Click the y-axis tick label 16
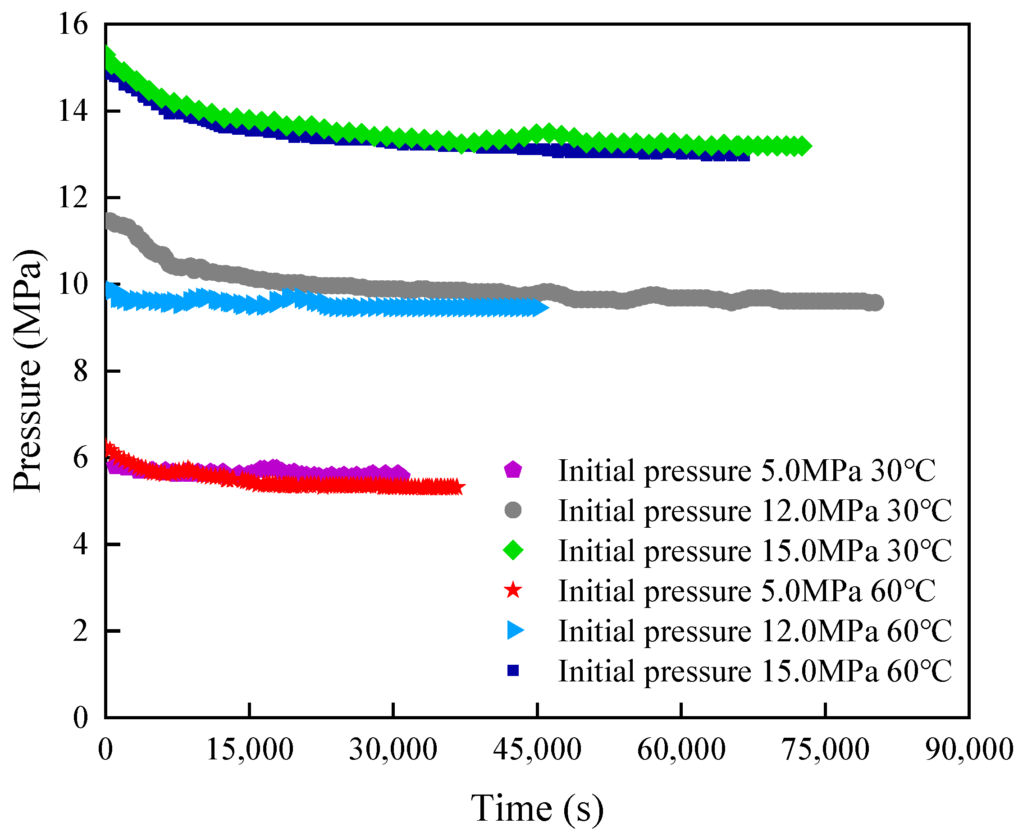73,24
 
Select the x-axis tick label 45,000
537,750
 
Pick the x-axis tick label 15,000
250,750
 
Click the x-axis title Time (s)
537,809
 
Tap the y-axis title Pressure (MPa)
28,371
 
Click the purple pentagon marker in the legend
513,470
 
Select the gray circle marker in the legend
513,510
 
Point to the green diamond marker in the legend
513,550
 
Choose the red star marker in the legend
513,590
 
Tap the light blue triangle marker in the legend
514,630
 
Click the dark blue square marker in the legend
513,670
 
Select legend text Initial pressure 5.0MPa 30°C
747,471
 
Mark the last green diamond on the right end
801,146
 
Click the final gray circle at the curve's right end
876,303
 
